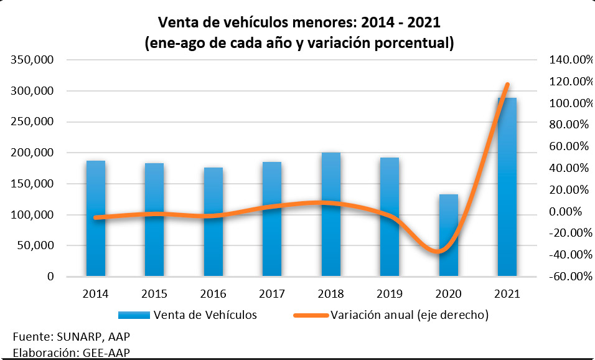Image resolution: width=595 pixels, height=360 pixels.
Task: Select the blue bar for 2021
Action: pos(507,187)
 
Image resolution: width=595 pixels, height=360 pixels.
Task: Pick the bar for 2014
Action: pos(95,218)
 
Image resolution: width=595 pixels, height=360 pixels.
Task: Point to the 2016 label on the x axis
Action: pos(213,293)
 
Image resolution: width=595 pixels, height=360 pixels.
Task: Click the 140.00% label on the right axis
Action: pos(568,60)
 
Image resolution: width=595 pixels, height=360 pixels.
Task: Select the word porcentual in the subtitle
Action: pos(406,44)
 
